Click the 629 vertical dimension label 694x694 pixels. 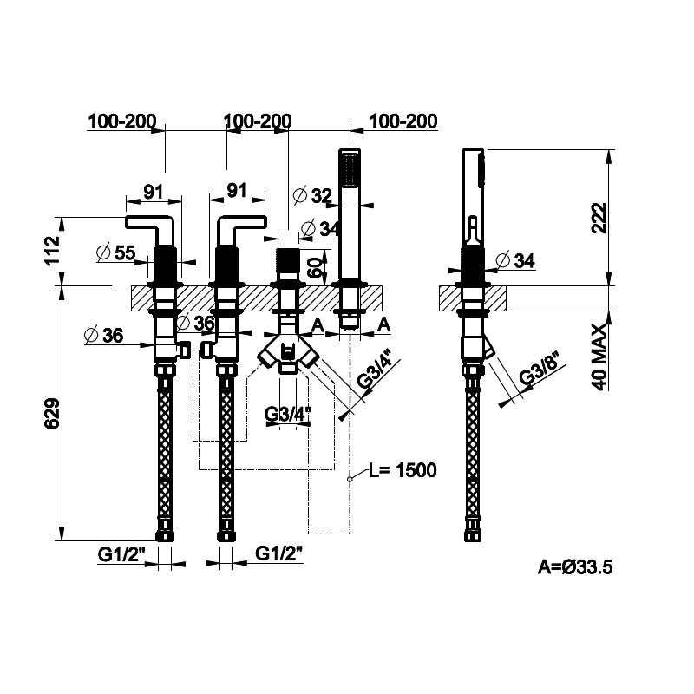(x=53, y=414)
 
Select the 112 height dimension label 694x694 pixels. (x=53, y=250)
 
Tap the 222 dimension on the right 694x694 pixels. (x=599, y=219)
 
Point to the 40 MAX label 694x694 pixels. (x=599, y=357)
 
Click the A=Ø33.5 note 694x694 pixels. (x=575, y=566)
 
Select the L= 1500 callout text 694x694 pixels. (x=403, y=470)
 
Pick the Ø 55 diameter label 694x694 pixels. (x=115, y=252)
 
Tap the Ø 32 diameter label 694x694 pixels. (x=312, y=195)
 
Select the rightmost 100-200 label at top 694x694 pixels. (x=403, y=121)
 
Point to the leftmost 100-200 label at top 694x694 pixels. (x=122, y=121)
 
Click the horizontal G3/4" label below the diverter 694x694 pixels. (x=288, y=415)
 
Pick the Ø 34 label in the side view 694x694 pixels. (x=515, y=261)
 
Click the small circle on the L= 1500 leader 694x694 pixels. (x=350, y=479)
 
